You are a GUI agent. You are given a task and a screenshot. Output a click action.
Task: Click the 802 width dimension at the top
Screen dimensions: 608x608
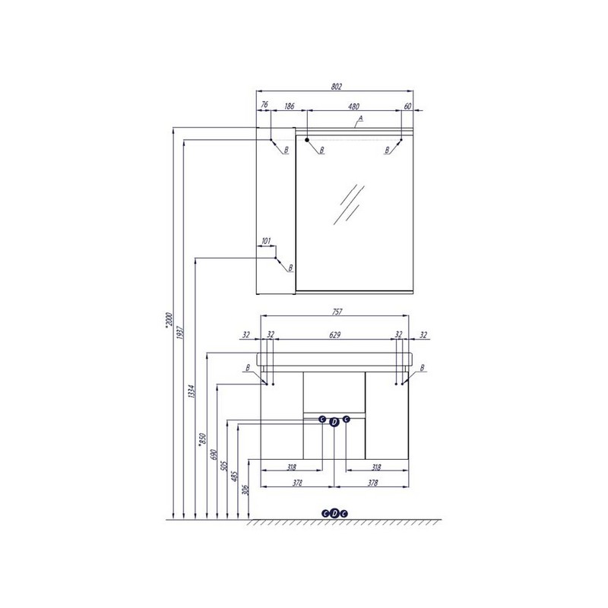click(336, 87)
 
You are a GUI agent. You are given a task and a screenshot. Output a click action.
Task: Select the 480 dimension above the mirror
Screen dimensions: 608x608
click(353, 106)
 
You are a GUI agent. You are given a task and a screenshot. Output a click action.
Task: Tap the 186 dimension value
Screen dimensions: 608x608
click(290, 106)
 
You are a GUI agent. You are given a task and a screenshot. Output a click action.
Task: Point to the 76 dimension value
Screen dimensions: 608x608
click(264, 104)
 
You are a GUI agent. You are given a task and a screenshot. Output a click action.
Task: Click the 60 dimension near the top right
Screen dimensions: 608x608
click(407, 106)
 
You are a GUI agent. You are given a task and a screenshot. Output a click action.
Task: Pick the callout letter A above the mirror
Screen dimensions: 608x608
click(360, 118)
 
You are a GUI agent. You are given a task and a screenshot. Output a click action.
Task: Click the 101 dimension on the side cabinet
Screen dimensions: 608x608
click(266, 241)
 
